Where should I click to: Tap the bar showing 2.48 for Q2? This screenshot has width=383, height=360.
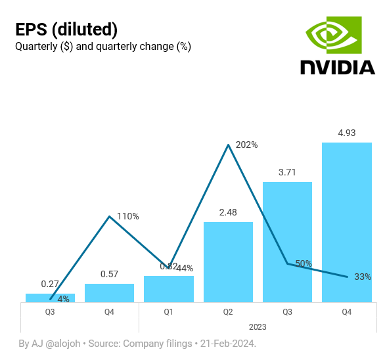[x=228, y=262]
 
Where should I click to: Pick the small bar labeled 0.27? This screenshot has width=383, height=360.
[x=50, y=298]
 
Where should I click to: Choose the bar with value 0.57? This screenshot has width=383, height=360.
[x=109, y=293]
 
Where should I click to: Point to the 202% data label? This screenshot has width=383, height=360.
[x=247, y=145]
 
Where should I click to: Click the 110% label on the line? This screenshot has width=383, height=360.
[x=128, y=216]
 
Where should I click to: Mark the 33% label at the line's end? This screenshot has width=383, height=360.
[x=363, y=277]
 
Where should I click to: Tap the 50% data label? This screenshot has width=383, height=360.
[x=304, y=263]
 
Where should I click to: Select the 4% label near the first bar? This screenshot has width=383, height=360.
[x=64, y=299]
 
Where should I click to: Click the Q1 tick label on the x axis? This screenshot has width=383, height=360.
[x=168, y=311]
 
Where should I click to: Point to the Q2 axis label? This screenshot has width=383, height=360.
[x=228, y=311]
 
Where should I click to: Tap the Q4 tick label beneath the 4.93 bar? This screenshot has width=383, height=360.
[x=346, y=311]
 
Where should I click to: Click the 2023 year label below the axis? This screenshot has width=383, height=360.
[x=258, y=326]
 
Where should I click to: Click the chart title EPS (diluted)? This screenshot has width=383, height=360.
[x=66, y=30]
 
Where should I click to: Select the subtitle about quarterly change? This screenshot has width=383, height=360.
[x=102, y=47]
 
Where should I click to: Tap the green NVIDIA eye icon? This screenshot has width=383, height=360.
[x=334, y=36]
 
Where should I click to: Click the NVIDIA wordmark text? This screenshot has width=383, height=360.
[x=338, y=67]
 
